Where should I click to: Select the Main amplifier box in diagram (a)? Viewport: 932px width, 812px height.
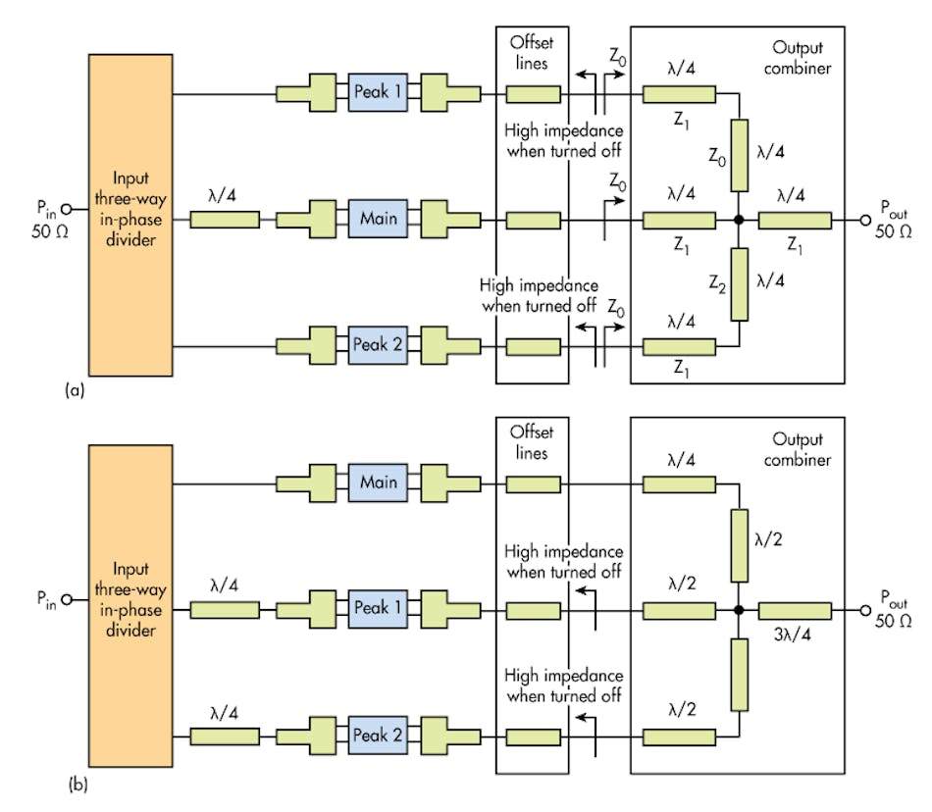coord(379,220)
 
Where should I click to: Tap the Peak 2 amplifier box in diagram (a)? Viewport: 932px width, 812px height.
coord(379,346)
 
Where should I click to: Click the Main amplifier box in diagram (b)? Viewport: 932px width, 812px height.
coord(379,482)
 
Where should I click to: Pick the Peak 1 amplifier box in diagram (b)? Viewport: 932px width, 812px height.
coord(379,609)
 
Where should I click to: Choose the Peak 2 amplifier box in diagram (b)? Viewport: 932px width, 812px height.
coord(379,736)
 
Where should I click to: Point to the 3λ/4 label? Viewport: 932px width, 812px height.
coord(794,634)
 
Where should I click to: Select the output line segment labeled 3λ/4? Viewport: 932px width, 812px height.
coord(794,609)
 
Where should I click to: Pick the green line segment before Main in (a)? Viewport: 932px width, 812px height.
coord(224,220)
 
